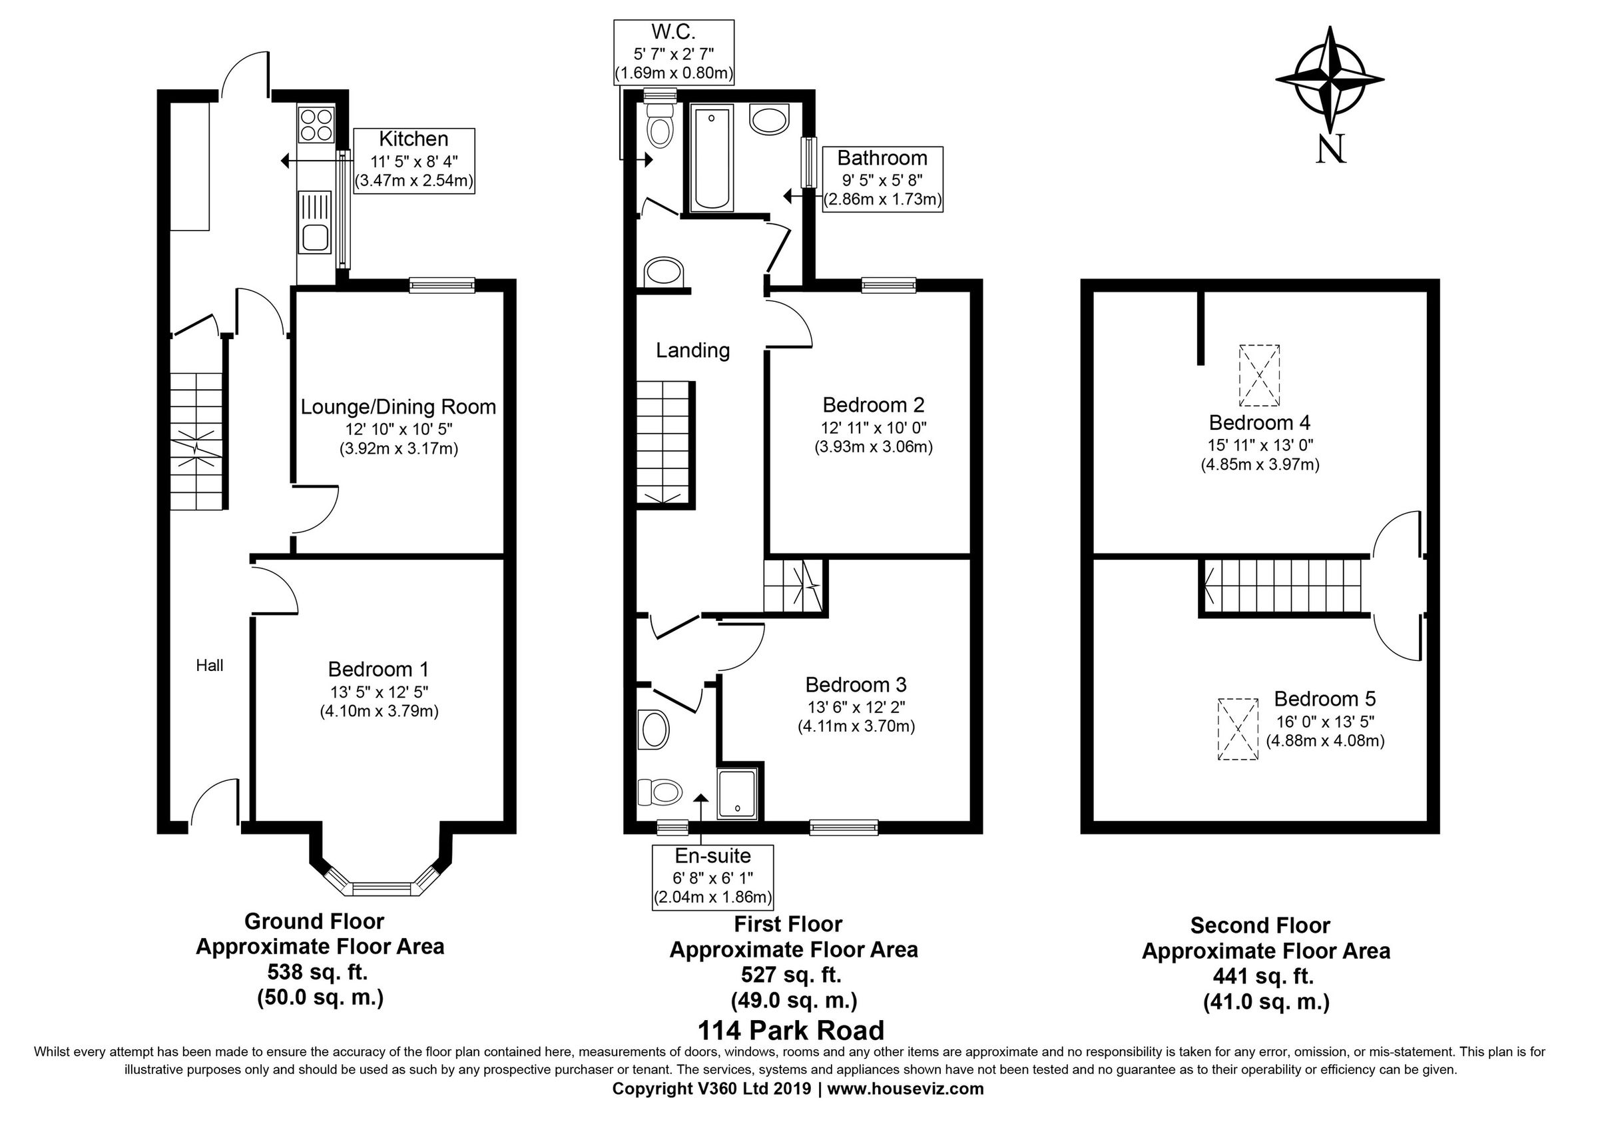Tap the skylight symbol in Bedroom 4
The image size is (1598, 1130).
pos(1258,375)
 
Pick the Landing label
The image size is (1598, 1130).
pos(692,350)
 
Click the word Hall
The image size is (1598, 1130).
pos(210,666)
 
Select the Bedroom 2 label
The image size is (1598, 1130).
pos(873,404)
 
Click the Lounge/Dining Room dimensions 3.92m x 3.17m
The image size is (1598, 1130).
pos(398,449)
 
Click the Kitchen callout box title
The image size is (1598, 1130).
pos(413,139)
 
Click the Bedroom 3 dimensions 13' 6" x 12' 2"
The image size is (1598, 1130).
pos(856,708)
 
